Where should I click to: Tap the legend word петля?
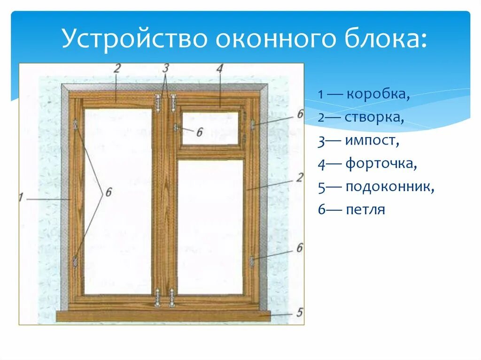[365, 209]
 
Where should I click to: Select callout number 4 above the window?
[219, 68]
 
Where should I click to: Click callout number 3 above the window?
[165, 68]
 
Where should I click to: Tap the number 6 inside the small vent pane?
[199, 132]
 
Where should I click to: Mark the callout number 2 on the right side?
[299, 177]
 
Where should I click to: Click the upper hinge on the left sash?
[75, 124]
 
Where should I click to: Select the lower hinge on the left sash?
[75, 261]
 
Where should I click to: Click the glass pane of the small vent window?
[209, 128]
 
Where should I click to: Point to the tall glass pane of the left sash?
[118, 202]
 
